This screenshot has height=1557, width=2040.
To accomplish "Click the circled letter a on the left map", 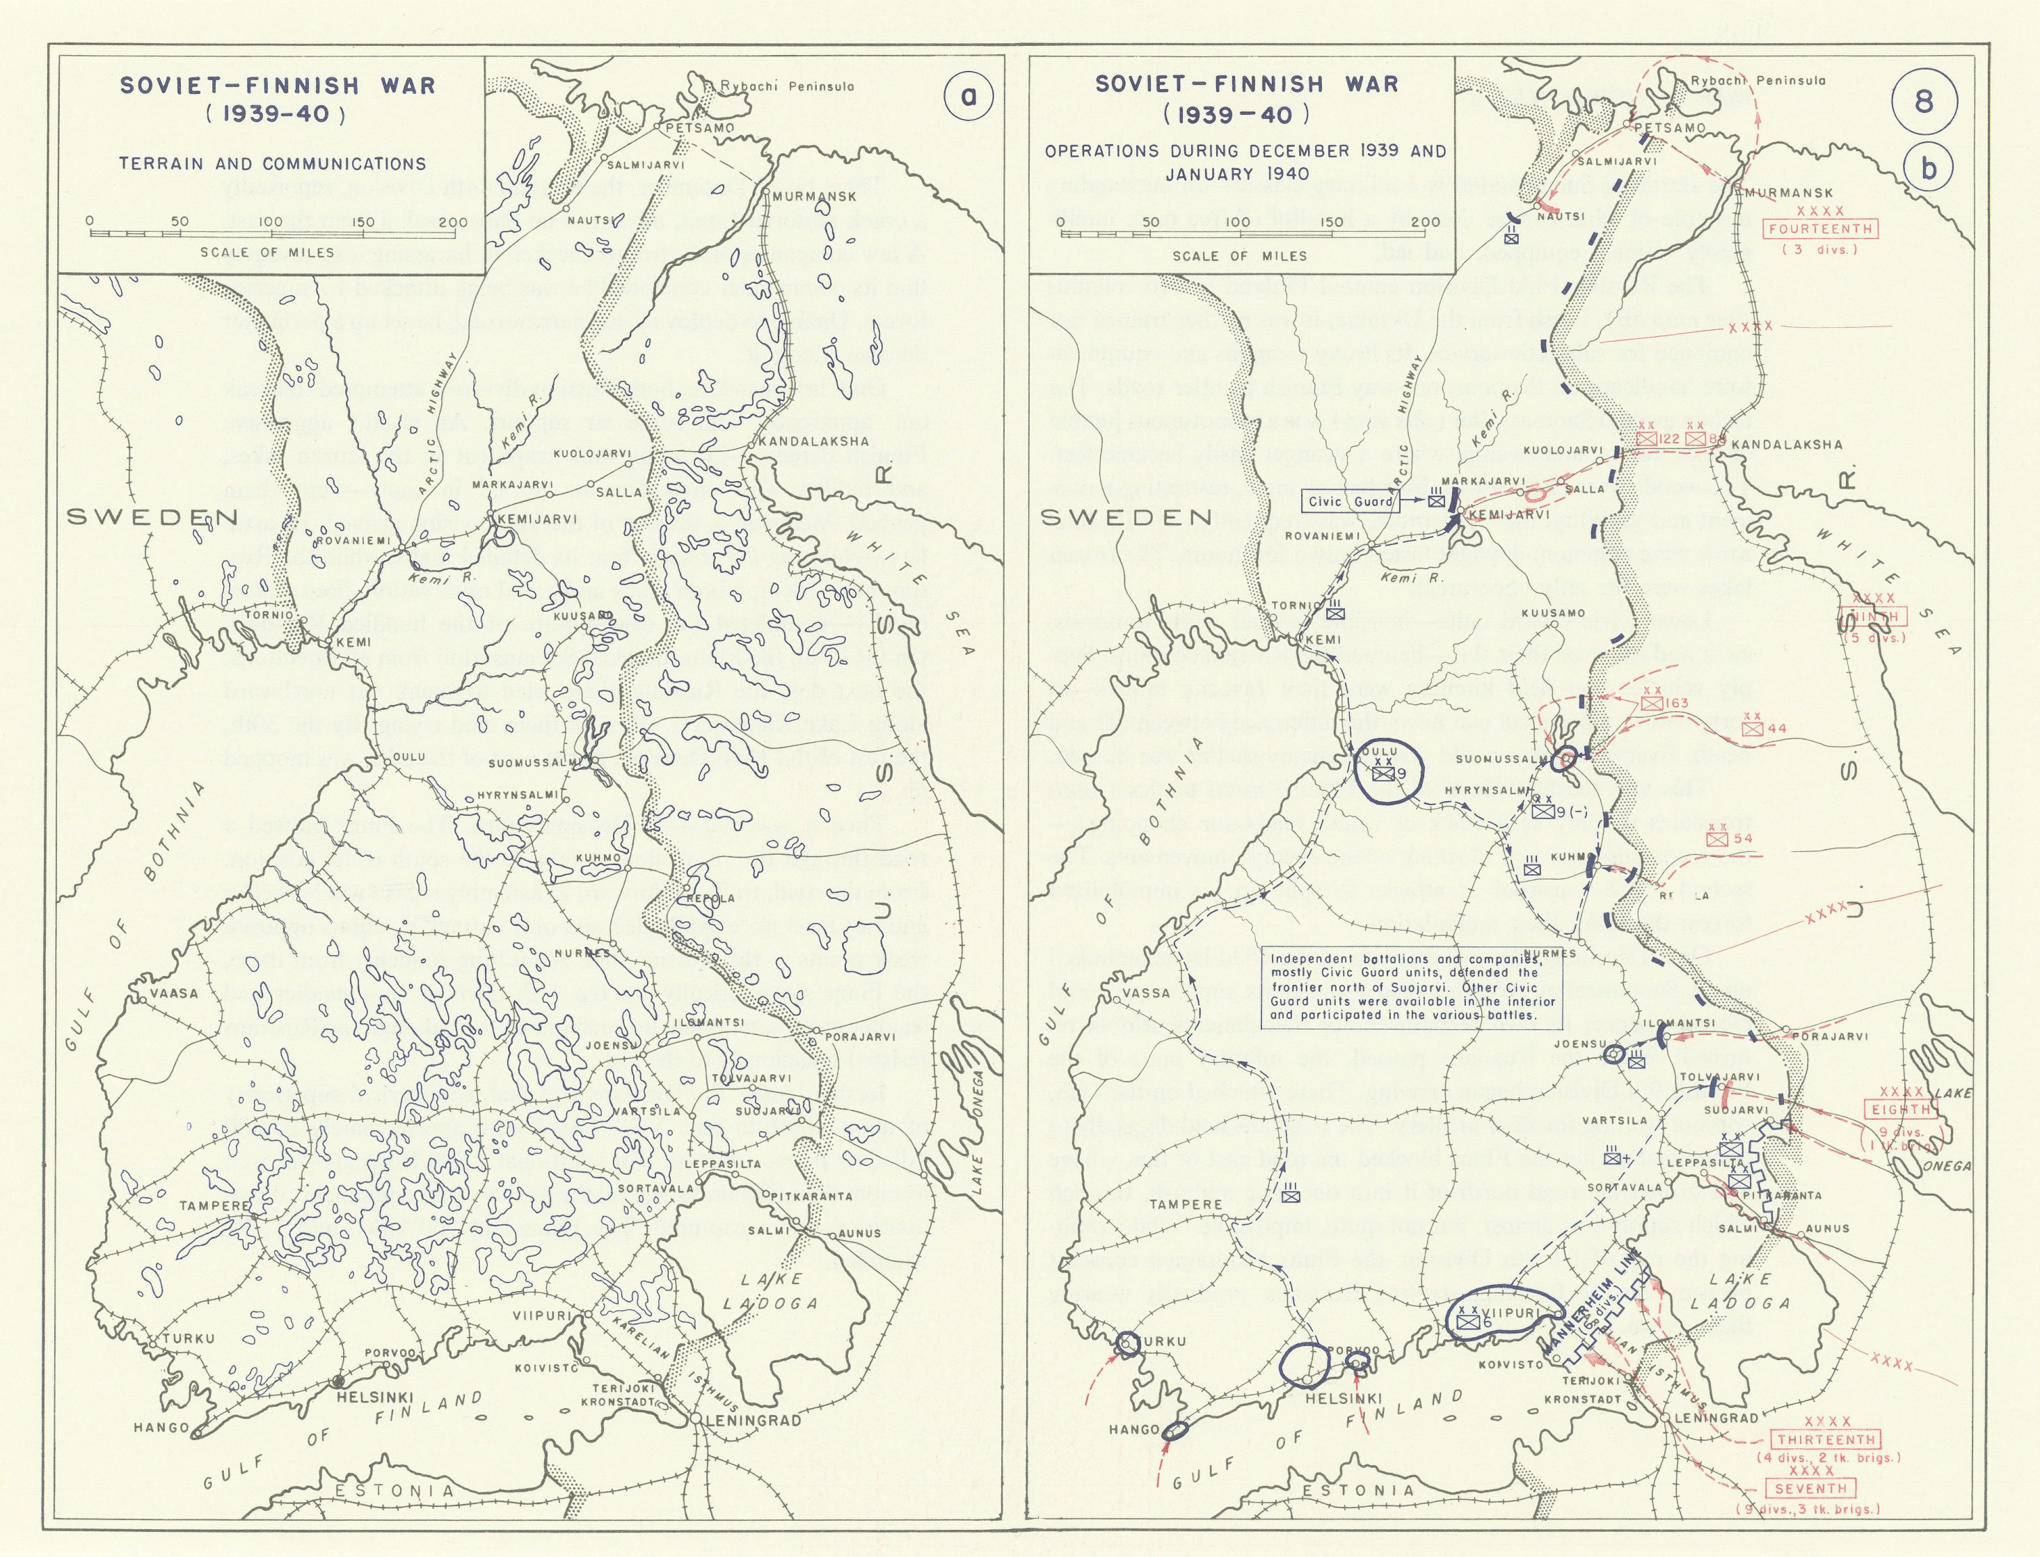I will (x=967, y=96).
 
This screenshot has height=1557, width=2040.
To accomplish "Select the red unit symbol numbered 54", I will (x=1716, y=839).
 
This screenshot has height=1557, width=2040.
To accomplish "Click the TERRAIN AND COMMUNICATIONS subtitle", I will (x=272, y=164).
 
